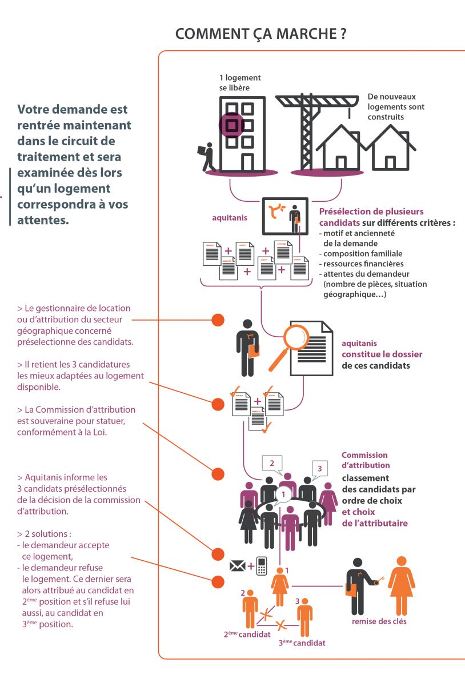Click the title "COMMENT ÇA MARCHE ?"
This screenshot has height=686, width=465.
[260, 34]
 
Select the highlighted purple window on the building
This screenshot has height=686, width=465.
[231, 125]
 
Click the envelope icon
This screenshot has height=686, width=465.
[237, 567]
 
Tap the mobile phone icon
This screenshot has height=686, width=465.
[262, 566]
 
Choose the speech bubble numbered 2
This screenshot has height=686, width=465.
[272, 464]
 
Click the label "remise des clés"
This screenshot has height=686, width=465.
[379, 621]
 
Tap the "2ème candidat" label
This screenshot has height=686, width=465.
[247, 634]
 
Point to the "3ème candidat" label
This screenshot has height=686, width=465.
[302, 643]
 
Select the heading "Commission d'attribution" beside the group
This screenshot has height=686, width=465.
[364, 460]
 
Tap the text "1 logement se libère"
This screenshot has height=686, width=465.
[240, 83]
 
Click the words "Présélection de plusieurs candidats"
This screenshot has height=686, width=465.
[371, 217]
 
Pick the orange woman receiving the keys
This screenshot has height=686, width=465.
[401, 585]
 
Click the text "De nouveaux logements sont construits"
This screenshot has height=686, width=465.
[396, 107]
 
